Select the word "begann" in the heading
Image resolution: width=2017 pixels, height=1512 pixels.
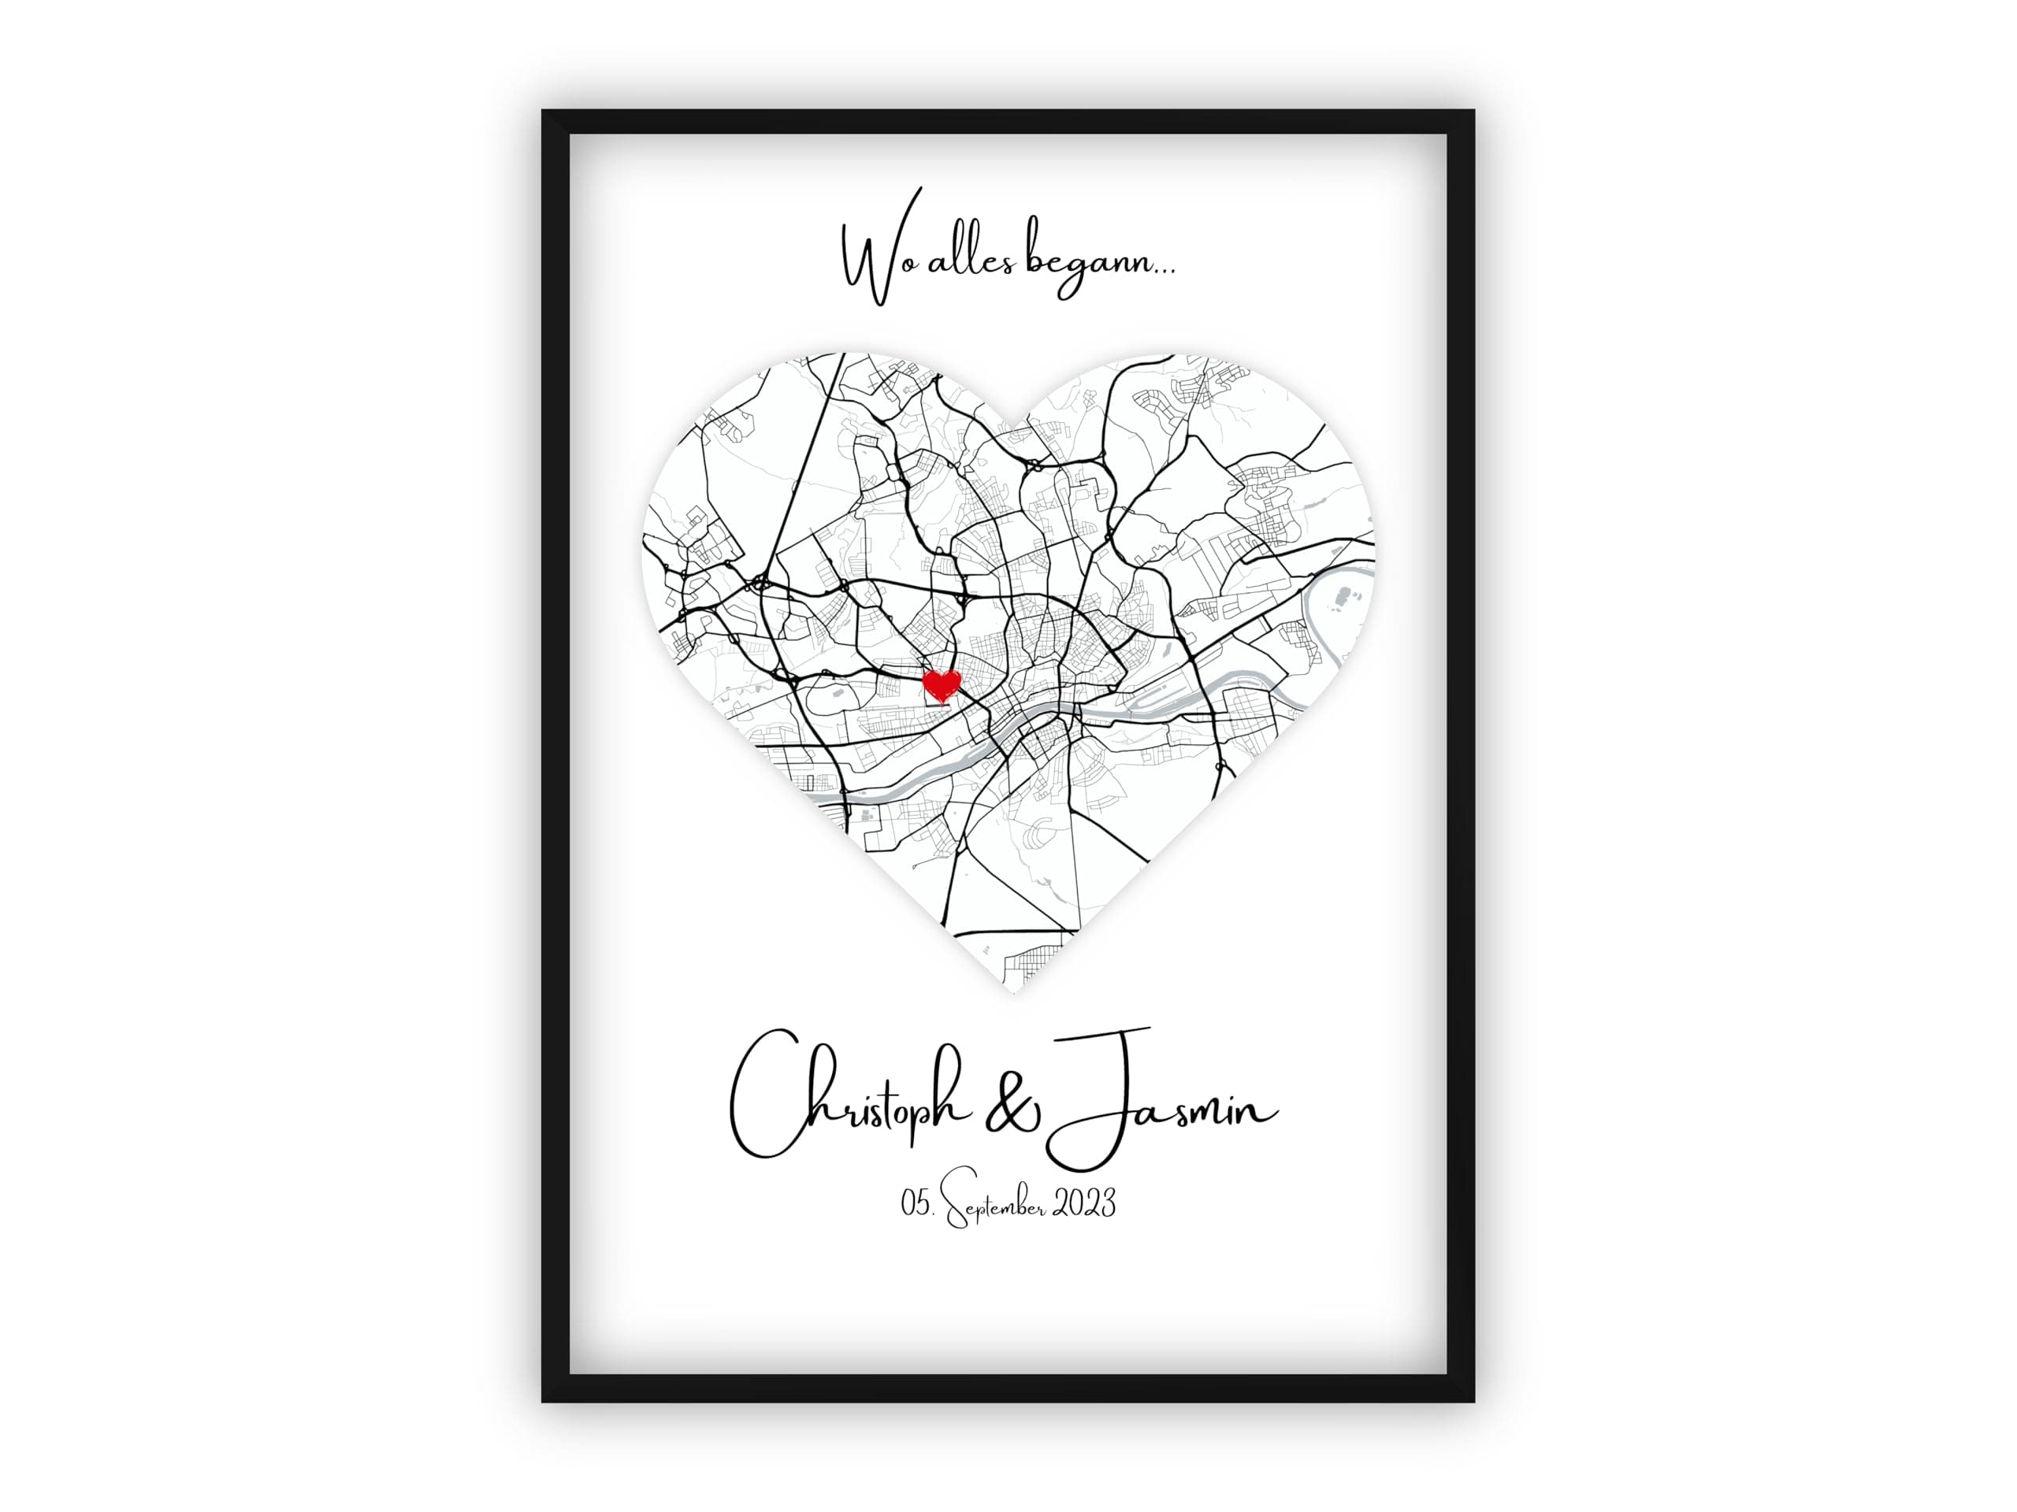tap(1085, 269)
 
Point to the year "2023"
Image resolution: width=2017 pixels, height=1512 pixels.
tap(1084, 1204)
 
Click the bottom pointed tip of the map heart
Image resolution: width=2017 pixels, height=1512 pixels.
tap(1011, 991)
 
